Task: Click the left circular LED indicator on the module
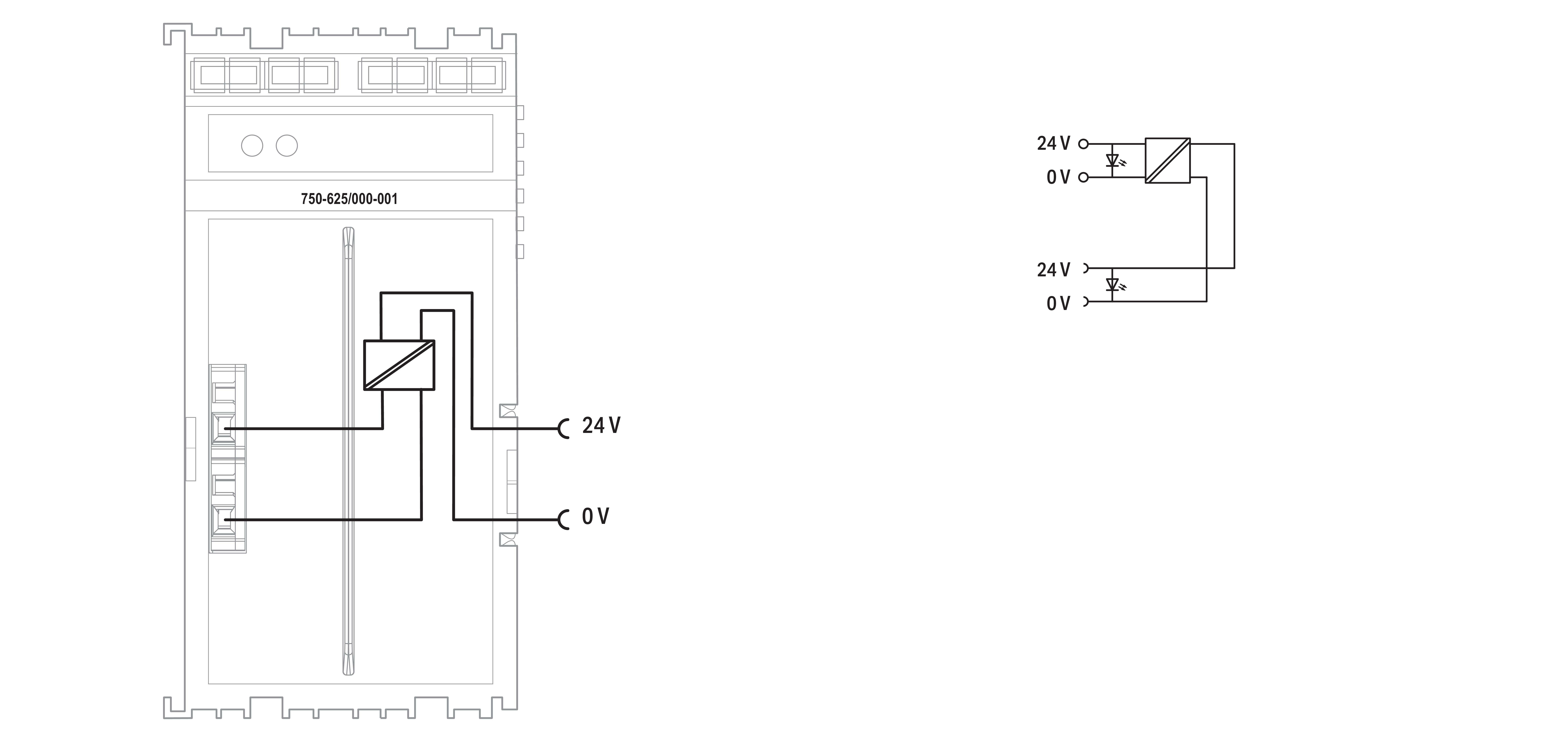pyautogui.click(x=252, y=146)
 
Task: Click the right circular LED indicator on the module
pyautogui.click(x=287, y=146)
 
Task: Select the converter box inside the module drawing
pyautogui.click(x=399, y=364)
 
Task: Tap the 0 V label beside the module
pyautogui.click(x=595, y=517)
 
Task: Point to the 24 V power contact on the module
pyautogui.click(x=564, y=429)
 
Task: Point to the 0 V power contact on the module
pyautogui.click(x=564, y=520)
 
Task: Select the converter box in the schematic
pyautogui.click(x=1167, y=161)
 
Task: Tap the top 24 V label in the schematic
pyautogui.click(x=1053, y=144)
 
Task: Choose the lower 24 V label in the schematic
pyautogui.click(x=1053, y=270)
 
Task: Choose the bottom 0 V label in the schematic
pyautogui.click(x=1058, y=303)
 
